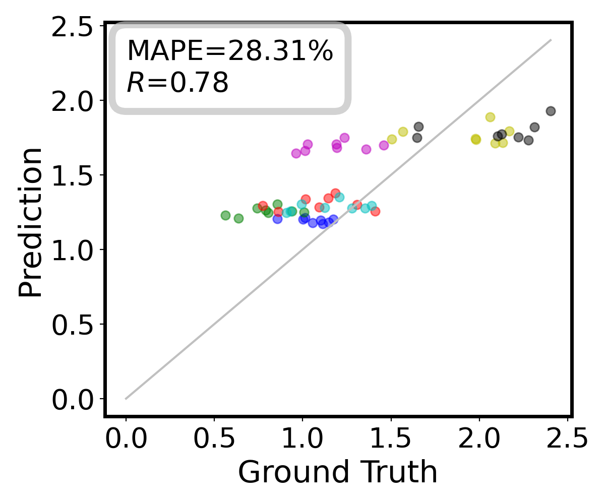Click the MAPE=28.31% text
(x=229, y=51)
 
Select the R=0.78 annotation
(x=177, y=83)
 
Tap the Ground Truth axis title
(x=338, y=472)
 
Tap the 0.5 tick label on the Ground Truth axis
(x=214, y=439)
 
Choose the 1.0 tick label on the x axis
(x=302, y=439)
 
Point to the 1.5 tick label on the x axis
(x=391, y=439)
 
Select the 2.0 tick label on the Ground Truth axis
(x=479, y=439)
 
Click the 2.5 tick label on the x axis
(x=567, y=439)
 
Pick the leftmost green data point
(x=225, y=215)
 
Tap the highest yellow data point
(x=490, y=117)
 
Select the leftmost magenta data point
(x=296, y=153)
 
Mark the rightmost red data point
(x=375, y=211)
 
